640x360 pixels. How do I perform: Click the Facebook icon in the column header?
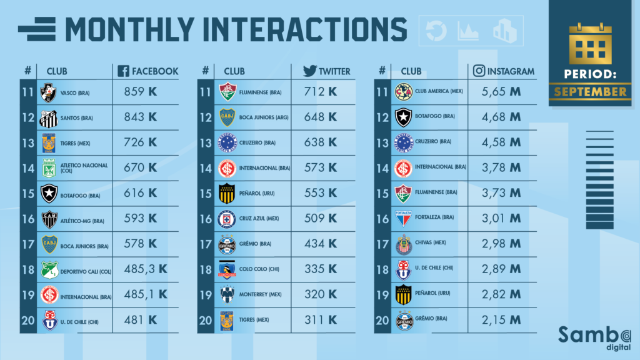pyautogui.click(x=124, y=71)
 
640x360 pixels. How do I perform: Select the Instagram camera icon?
pyautogui.click(x=479, y=71)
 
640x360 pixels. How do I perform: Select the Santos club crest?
pyautogui.click(x=48, y=117)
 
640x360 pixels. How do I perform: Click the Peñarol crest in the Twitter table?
pyautogui.click(x=227, y=194)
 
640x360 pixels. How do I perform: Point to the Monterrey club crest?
pyautogui.click(x=227, y=294)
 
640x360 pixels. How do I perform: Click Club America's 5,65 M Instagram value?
pyautogui.click(x=501, y=92)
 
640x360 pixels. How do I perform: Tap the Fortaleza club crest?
pyautogui.click(x=404, y=219)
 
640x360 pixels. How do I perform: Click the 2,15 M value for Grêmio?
pyautogui.click(x=501, y=320)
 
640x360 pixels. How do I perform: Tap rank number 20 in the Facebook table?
pyautogui.click(x=27, y=320)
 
